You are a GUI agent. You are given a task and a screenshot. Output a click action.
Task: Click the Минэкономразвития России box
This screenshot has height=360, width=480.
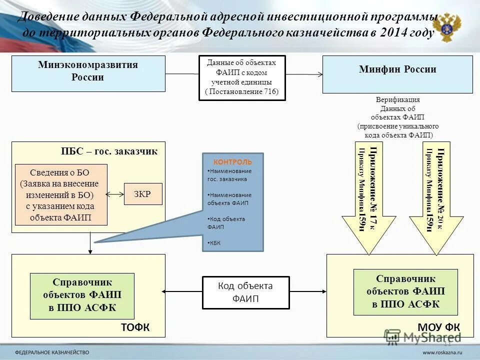(x=88, y=73)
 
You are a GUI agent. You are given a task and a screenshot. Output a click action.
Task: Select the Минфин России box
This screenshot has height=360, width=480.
(x=397, y=74)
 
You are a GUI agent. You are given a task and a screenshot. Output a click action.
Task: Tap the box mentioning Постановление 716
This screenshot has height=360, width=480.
(x=242, y=77)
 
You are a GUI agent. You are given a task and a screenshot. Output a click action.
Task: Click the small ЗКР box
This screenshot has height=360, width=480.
(x=143, y=193)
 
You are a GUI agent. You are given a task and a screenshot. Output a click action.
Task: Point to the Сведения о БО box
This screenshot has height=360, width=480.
(x=61, y=194)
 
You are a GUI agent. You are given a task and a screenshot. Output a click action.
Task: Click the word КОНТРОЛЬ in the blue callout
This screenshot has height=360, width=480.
(x=232, y=162)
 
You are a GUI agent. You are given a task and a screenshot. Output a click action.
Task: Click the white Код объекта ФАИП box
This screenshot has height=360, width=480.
(x=245, y=292)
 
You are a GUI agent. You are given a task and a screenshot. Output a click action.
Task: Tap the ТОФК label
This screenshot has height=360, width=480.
(x=135, y=327)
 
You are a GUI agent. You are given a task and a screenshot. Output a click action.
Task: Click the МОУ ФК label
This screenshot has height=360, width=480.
(x=438, y=327)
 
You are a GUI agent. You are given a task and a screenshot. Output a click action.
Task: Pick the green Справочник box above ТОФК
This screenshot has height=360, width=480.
(x=82, y=295)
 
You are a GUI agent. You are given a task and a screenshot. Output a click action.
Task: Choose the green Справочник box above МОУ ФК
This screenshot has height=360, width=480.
(x=405, y=291)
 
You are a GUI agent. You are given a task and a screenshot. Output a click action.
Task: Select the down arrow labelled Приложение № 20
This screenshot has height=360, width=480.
(x=435, y=200)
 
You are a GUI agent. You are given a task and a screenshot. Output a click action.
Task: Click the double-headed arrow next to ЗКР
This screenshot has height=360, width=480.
(x=115, y=193)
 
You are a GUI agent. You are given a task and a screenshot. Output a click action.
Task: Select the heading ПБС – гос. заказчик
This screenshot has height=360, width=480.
(x=109, y=150)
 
